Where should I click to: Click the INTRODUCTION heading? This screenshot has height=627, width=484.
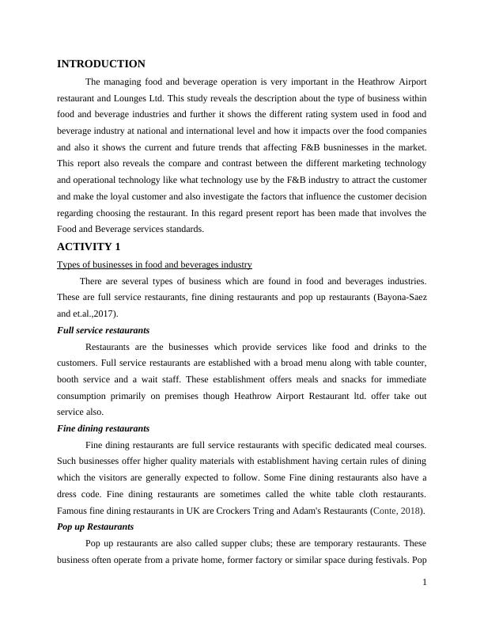tap(101, 64)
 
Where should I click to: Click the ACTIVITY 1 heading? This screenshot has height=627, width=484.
tap(89, 247)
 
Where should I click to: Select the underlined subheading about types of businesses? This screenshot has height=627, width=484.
tap(155, 264)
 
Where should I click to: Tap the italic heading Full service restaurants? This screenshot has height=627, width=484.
tap(104, 330)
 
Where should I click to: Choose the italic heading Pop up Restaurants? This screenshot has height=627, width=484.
tap(96, 526)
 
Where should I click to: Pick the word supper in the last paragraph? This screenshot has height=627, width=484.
tap(233, 544)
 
